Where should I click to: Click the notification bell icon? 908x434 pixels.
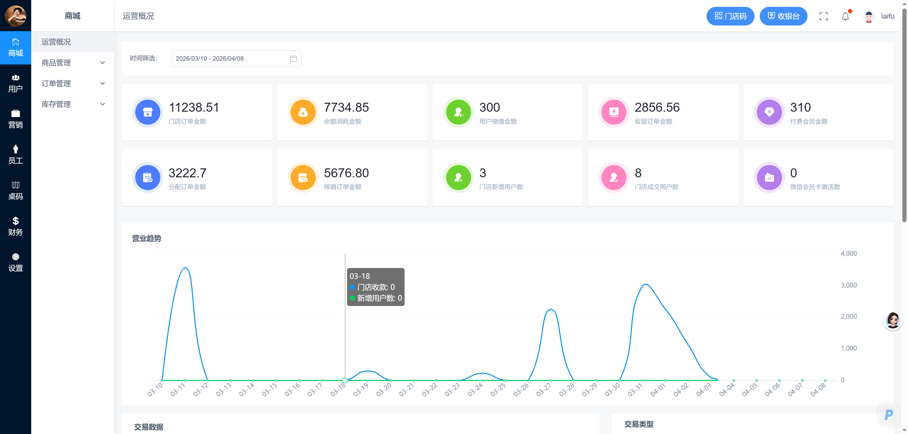846,16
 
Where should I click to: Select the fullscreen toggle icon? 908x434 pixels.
823,16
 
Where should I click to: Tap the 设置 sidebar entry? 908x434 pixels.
16,262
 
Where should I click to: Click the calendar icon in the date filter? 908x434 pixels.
293,58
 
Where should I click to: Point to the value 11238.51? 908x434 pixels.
194,107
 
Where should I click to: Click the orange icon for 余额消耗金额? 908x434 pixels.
303,112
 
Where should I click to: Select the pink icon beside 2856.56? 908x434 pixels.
614,112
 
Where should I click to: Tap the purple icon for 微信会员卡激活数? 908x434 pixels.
769,177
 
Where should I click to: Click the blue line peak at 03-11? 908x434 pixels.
185,268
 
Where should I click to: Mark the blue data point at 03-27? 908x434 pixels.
550,309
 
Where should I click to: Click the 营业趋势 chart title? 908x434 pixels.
147,238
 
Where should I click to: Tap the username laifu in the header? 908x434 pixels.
888,16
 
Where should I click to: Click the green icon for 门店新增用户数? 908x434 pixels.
458,177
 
